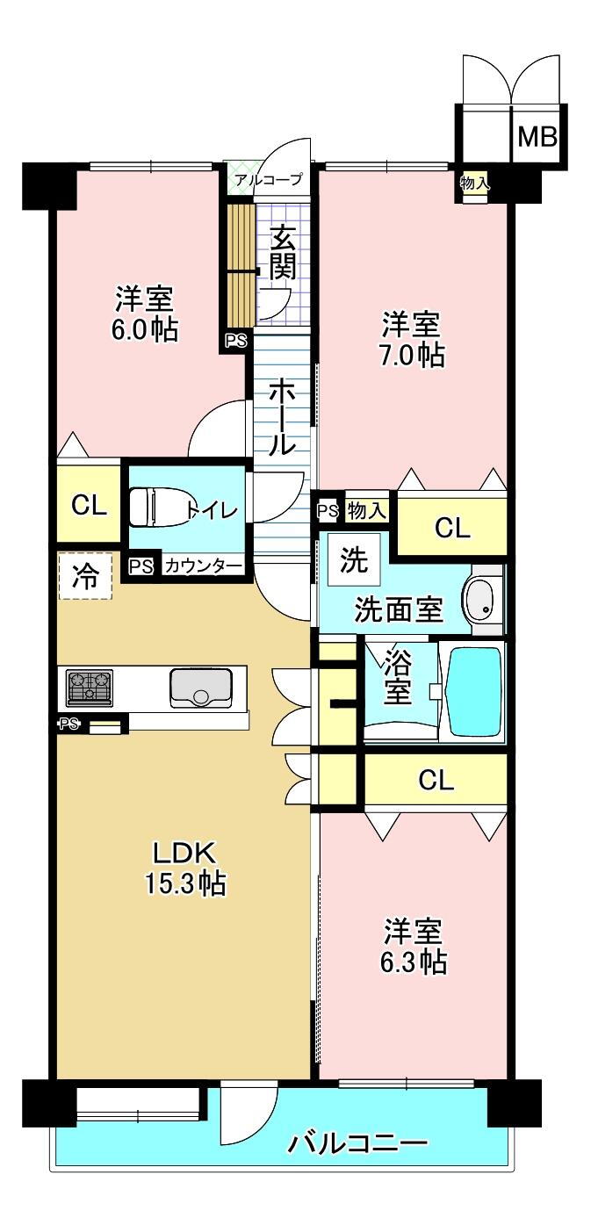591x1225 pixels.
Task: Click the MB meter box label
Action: click(x=537, y=137)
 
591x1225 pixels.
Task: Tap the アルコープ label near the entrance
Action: click(x=269, y=179)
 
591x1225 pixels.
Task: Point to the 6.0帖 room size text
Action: click(x=145, y=330)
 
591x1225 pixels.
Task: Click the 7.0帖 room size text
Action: click(x=412, y=356)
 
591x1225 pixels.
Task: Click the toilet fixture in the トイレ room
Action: click(x=159, y=508)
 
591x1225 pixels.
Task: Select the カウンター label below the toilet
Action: click(x=203, y=566)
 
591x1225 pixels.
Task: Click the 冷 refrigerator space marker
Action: click(x=85, y=575)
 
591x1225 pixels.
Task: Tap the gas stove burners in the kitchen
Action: click(x=90, y=688)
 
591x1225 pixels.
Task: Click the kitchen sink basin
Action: click(x=200, y=688)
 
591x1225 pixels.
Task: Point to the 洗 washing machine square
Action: click(x=354, y=559)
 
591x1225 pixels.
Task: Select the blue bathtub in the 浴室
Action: click(x=474, y=693)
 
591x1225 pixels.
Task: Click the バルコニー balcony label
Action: click(x=357, y=1142)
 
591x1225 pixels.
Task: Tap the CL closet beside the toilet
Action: click(x=89, y=506)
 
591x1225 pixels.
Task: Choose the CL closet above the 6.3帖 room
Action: click(x=436, y=781)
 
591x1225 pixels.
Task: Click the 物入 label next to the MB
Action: click(x=474, y=184)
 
